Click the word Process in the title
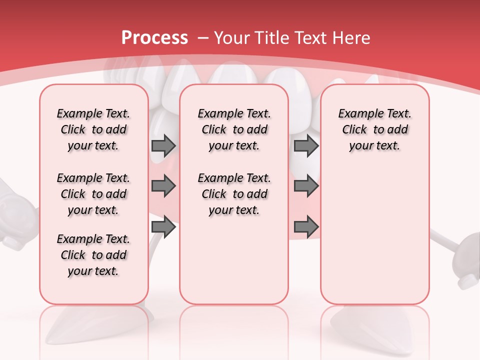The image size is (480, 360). tap(154, 38)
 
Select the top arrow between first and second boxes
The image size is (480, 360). tap(163, 145)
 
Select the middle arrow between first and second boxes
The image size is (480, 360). tap(163, 186)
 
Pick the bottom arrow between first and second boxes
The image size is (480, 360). tap(163, 227)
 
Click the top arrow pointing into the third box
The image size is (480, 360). tap(306, 145)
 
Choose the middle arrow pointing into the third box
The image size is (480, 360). tap(306, 186)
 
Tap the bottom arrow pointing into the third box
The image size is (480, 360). tap(306, 227)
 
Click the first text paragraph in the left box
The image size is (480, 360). tap(93, 129)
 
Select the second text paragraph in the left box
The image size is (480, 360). tap(93, 194)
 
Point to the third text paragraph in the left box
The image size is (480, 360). tap(93, 255)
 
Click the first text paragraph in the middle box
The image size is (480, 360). tap(234, 129)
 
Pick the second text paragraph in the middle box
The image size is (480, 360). tap(234, 194)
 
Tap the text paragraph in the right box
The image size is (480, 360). tap(374, 129)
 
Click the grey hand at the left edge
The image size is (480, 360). tap(12, 215)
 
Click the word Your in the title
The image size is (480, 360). tap(230, 38)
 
